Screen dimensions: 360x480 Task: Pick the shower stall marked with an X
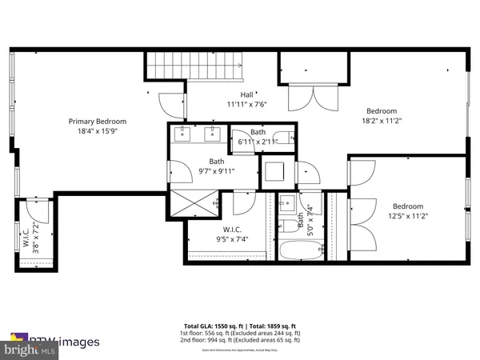(193, 202)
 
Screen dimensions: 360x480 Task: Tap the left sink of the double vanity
(182, 133)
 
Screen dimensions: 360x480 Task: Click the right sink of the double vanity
(214, 133)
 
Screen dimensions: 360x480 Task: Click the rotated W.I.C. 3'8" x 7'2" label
(31, 236)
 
